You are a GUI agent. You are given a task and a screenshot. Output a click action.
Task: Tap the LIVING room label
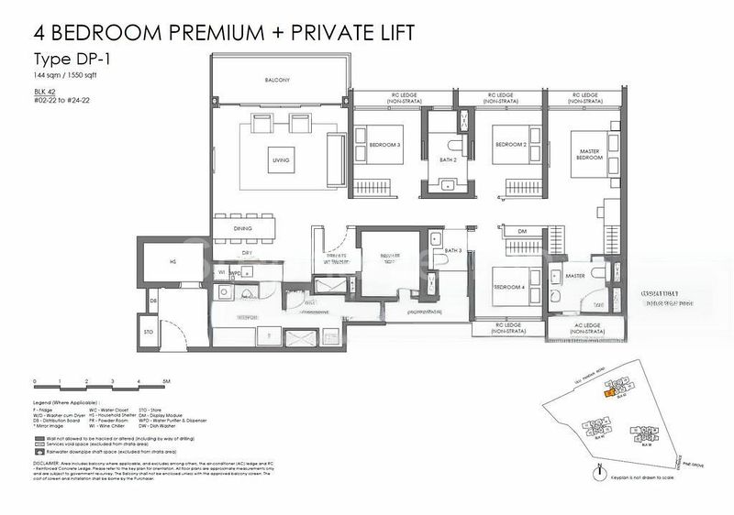(x=281, y=160)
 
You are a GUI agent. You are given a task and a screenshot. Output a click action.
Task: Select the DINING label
(x=242, y=229)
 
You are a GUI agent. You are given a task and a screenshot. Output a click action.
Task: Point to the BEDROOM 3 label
(x=385, y=146)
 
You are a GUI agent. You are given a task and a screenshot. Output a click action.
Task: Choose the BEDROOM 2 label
(x=509, y=145)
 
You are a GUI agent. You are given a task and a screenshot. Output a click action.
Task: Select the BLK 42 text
(x=45, y=92)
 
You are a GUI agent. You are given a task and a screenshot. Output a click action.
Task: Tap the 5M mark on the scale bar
(x=166, y=379)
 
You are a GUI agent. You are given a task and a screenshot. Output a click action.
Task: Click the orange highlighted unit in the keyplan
(x=607, y=393)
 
